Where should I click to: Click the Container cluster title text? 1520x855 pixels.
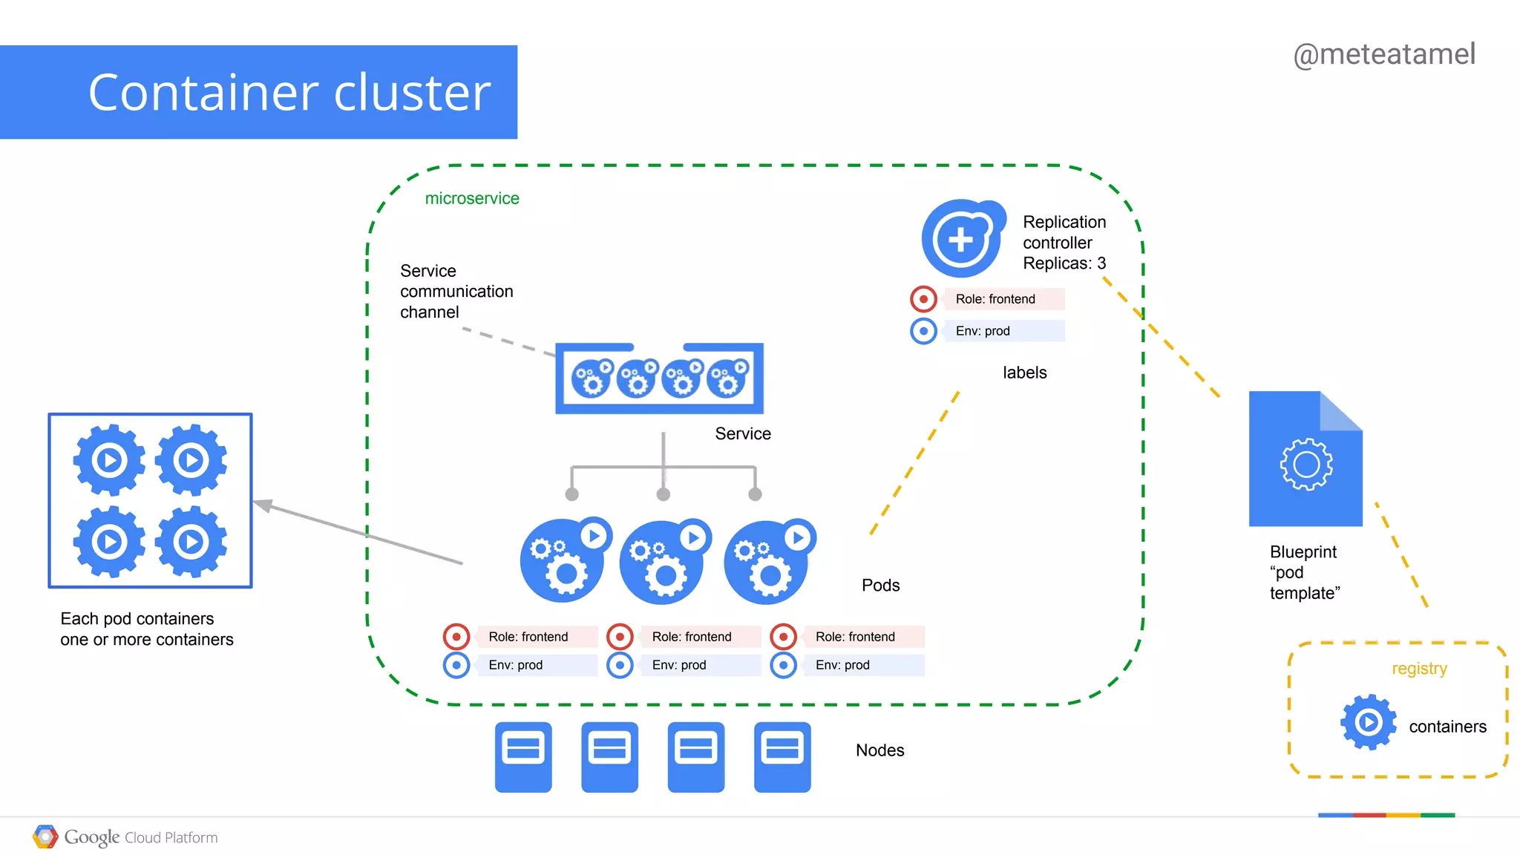coord(289,93)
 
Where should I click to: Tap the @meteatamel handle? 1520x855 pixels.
coord(1383,54)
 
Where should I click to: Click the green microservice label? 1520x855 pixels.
coord(471,198)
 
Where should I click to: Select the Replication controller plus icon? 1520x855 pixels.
coord(962,239)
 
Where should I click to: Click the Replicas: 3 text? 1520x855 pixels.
coord(1064,263)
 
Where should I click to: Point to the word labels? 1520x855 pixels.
coord(1024,373)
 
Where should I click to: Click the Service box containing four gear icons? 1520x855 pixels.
coord(659,379)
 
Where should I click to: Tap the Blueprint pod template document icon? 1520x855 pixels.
coord(1305,459)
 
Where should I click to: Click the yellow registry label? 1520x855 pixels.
coord(1418,669)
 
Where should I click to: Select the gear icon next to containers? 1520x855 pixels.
coord(1368,721)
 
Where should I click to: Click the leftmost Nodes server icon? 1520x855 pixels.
coord(523,756)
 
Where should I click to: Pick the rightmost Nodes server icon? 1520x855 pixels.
coord(782,756)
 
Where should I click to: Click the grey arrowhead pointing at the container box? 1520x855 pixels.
coord(262,505)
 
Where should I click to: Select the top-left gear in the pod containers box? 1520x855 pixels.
coord(110,460)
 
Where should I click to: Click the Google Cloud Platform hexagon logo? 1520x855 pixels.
coord(45,837)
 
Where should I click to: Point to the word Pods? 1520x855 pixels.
coord(880,585)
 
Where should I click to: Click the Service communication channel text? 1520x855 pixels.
coord(456,291)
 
